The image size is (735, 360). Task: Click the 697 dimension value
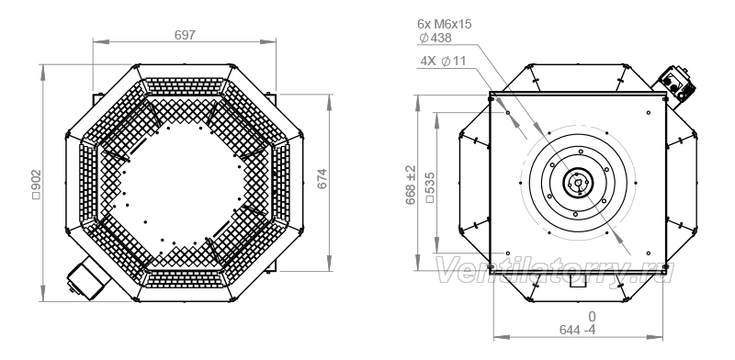(185, 35)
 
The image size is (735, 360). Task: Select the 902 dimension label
(37, 185)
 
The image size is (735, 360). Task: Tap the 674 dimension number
(322, 178)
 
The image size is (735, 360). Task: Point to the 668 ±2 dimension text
(411, 185)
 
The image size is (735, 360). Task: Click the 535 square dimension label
(430, 187)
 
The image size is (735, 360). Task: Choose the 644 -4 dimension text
(578, 330)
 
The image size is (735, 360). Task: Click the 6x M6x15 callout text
(445, 24)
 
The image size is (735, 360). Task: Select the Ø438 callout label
(435, 38)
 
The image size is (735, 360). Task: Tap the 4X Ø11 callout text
(443, 61)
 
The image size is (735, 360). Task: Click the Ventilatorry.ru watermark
(555, 271)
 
